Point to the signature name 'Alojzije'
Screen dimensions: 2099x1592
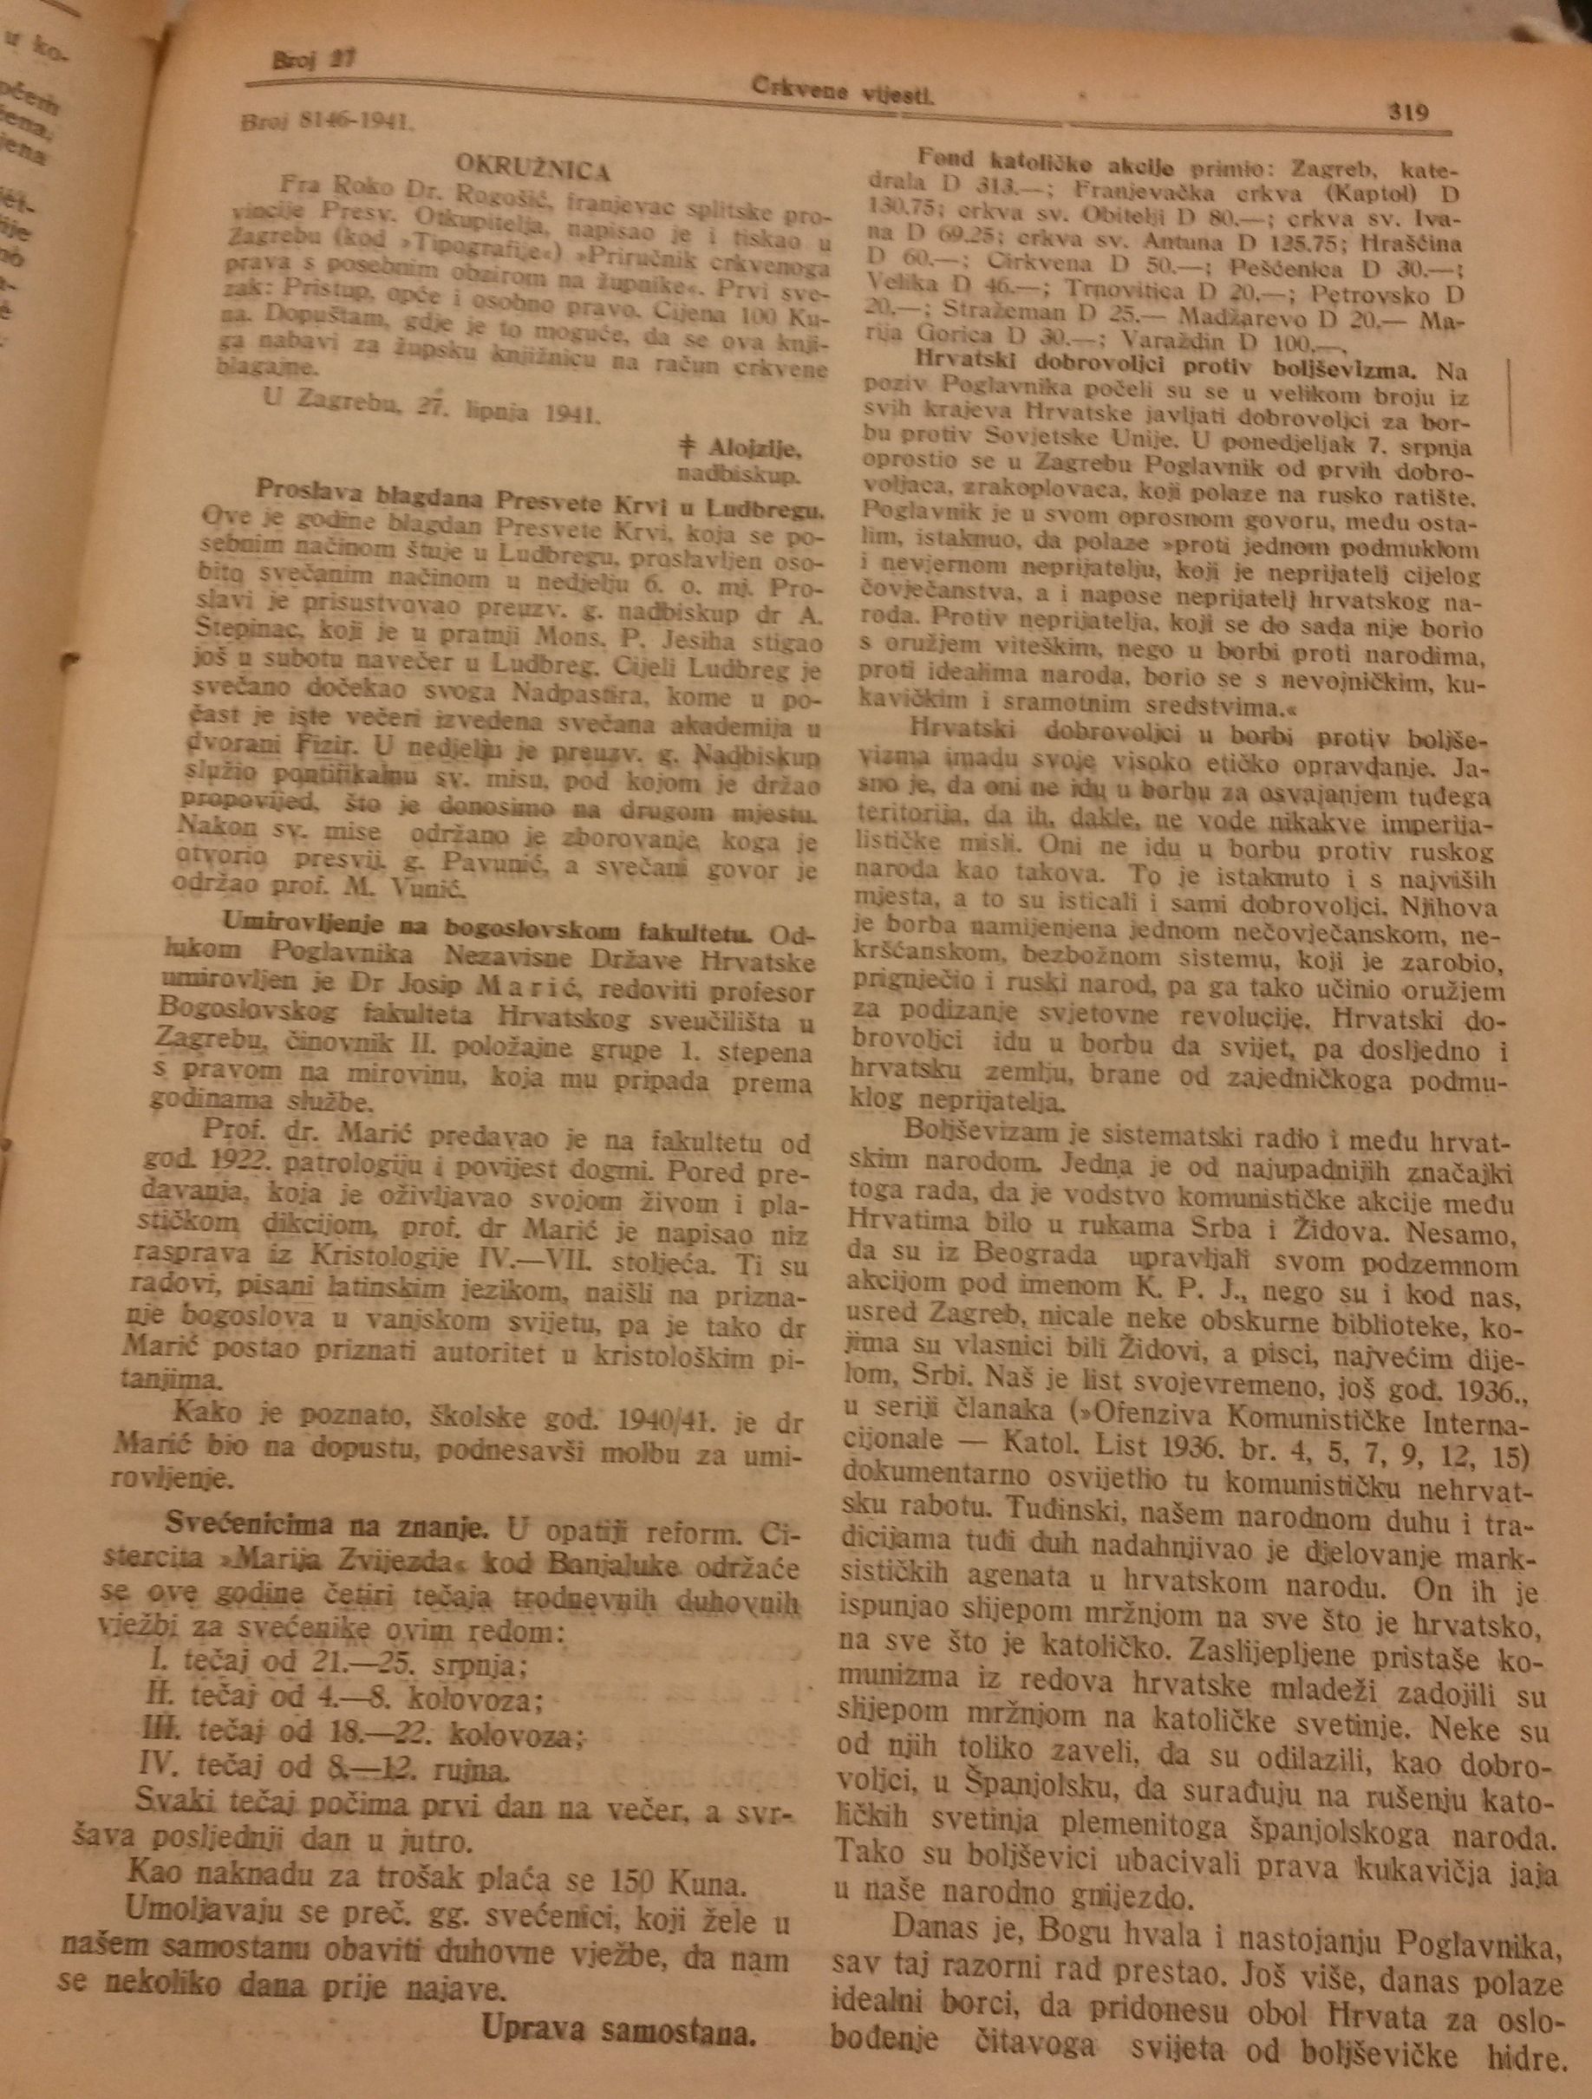tap(753, 449)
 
